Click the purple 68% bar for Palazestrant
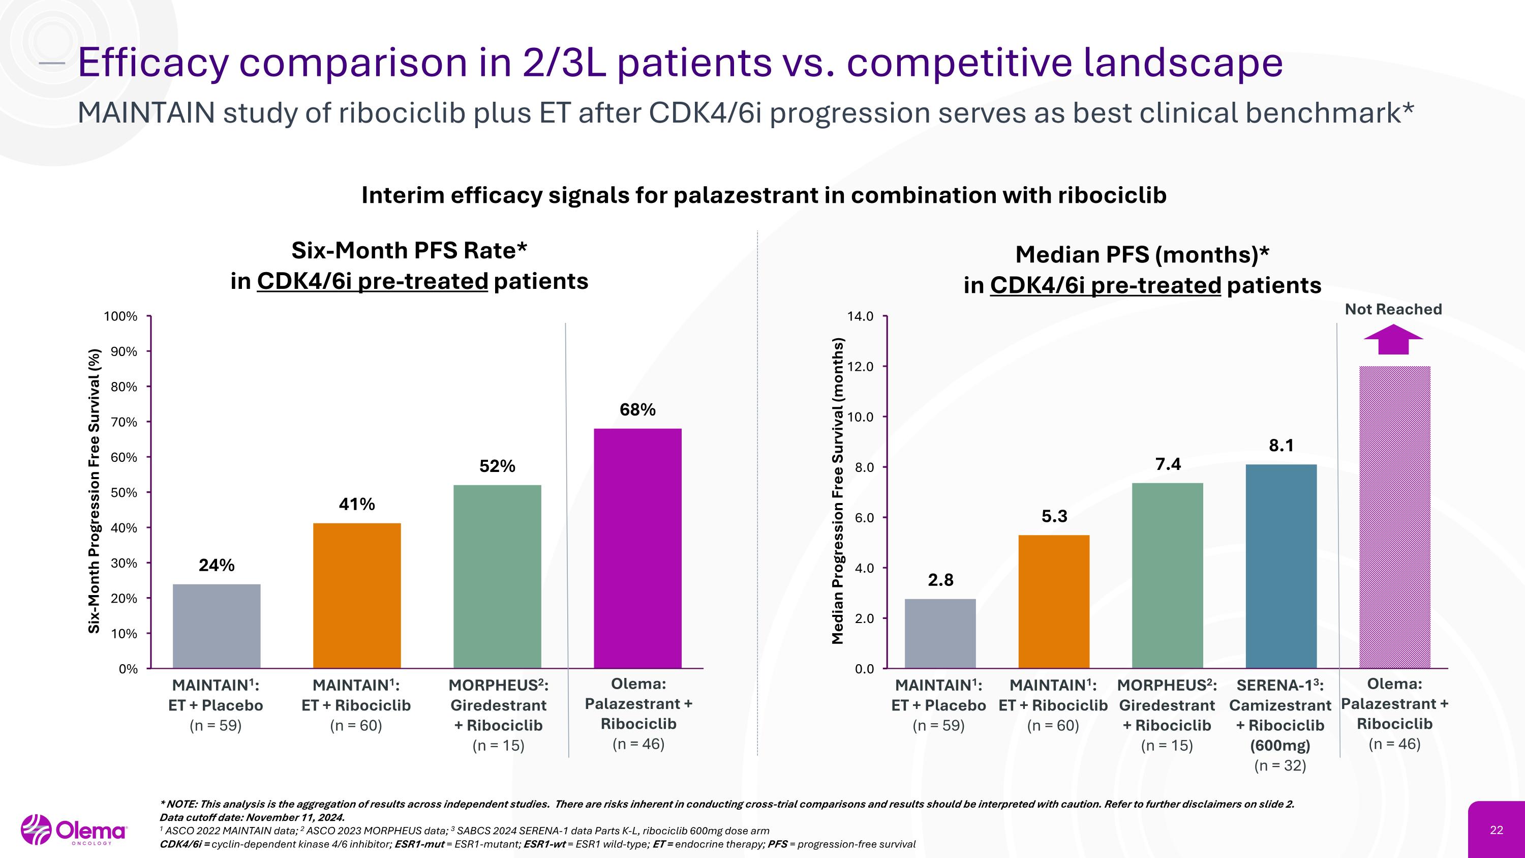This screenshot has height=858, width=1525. pyautogui.click(x=637, y=548)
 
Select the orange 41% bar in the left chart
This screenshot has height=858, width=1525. pyautogui.click(x=356, y=595)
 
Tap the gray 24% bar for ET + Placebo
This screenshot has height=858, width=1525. pyautogui.click(x=216, y=626)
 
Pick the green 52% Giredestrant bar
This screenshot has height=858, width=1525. pyautogui.click(x=497, y=576)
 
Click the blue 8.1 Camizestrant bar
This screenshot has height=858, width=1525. pyautogui.click(x=1281, y=566)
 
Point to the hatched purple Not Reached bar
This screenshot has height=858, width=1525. pyautogui.click(x=1394, y=516)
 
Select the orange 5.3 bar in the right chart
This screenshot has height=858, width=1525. pyautogui.click(x=1054, y=601)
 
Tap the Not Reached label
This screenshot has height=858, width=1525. pyautogui.click(x=1393, y=309)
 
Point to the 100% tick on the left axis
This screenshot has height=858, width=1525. pyautogui.click(x=121, y=316)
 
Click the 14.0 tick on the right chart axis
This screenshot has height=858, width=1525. pyautogui.click(x=860, y=316)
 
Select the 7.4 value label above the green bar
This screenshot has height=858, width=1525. pyautogui.click(x=1168, y=464)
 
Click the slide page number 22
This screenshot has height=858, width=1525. pyautogui.click(x=1496, y=830)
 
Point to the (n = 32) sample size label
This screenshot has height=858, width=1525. pyautogui.click(x=1280, y=765)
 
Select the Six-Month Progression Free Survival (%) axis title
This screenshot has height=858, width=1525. pyautogui.click(x=94, y=491)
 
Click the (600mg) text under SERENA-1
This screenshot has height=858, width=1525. pyautogui.click(x=1280, y=746)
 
